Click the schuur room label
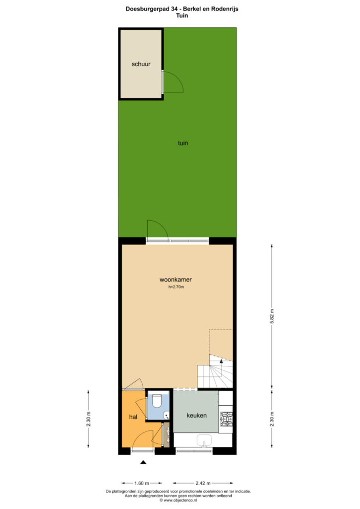(x=141, y=64)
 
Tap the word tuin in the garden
(x=183, y=143)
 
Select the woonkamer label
(x=176, y=279)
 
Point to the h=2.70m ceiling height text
(x=176, y=287)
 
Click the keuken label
(x=196, y=415)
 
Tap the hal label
(x=133, y=417)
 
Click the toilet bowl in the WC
(x=157, y=401)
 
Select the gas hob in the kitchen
(x=226, y=419)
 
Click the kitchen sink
(x=204, y=440)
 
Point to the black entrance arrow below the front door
(x=143, y=462)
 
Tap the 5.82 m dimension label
(x=272, y=316)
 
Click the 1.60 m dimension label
(x=142, y=483)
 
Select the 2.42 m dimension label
(x=203, y=483)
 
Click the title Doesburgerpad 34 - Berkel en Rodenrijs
(x=182, y=9)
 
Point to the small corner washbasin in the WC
(x=167, y=415)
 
